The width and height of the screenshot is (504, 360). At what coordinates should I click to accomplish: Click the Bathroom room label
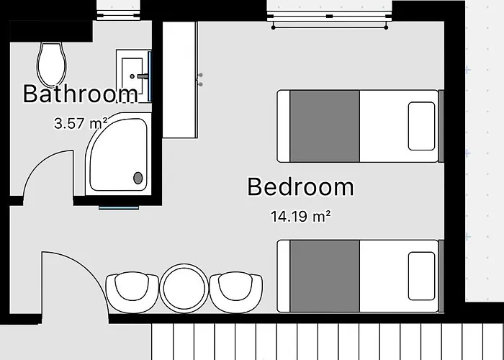coord(81,94)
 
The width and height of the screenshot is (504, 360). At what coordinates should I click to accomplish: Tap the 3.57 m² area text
coord(81,123)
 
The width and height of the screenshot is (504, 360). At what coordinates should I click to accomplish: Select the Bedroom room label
coord(300,186)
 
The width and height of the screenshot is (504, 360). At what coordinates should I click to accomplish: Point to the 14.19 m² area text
coord(300,216)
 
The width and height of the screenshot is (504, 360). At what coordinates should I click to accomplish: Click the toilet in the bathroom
coord(52,65)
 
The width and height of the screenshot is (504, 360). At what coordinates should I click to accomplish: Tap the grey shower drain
coord(138,178)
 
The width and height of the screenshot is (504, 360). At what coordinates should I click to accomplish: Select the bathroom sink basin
coord(132,76)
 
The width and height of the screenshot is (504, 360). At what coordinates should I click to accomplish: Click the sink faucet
coord(143,76)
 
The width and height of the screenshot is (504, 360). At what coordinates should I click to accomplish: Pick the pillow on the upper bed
coord(421,126)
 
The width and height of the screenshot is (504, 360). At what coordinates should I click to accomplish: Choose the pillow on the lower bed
coord(421,276)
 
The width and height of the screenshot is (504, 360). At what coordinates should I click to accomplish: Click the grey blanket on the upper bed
coord(325,126)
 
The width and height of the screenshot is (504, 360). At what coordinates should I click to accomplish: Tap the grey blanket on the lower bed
coord(325,276)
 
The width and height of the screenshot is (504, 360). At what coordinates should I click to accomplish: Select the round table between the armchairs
coord(184,288)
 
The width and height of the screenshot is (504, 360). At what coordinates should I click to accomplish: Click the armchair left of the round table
coord(132,292)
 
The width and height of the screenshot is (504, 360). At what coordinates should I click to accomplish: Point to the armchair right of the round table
coord(236,292)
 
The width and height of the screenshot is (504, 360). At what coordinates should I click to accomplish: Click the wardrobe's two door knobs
coord(201,80)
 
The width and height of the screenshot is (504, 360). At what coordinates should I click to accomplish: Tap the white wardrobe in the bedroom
coord(180,80)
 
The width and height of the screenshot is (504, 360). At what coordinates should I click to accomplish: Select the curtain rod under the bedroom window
coord(330,27)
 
